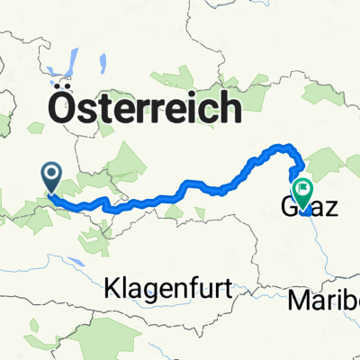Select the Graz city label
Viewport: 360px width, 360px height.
(x=306, y=209)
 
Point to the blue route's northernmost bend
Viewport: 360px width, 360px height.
(x=284, y=146)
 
